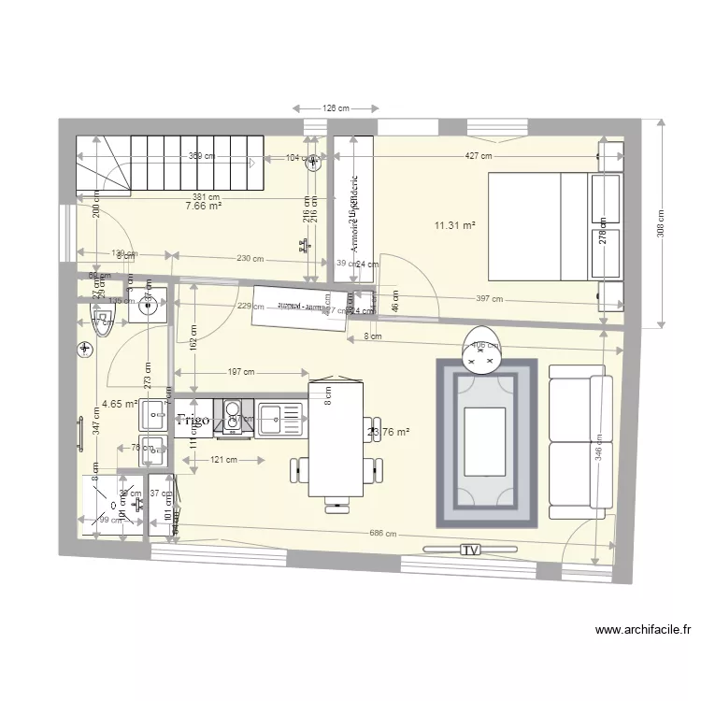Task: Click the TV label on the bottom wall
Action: tap(469, 551)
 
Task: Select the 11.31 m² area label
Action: tap(454, 225)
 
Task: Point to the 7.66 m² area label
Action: tap(203, 207)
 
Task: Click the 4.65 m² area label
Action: tap(119, 405)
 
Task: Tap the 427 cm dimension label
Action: tap(479, 158)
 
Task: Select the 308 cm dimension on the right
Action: tap(662, 223)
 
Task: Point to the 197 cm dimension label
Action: tap(242, 371)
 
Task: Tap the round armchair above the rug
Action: tap(482, 347)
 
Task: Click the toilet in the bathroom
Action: tap(100, 321)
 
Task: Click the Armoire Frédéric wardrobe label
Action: tap(354, 214)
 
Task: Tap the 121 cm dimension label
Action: tap(222, 460)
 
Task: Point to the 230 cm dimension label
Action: tap(249, 259)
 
